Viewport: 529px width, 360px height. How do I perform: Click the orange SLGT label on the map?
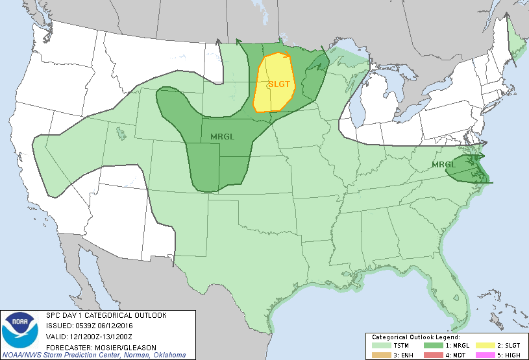point(279,84)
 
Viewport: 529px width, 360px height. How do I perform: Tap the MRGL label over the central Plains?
point(223,136)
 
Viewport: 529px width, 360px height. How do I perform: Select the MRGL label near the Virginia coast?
point(444,165)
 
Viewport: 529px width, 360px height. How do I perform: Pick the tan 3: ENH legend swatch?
point(379,355)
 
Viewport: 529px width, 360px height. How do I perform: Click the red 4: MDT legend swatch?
point(429,355)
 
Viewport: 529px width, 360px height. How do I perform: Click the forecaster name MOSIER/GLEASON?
point(116,346)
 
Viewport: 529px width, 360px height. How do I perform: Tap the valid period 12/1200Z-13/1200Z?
point(102,337)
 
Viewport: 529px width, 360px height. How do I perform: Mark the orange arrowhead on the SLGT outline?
point(288,56)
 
